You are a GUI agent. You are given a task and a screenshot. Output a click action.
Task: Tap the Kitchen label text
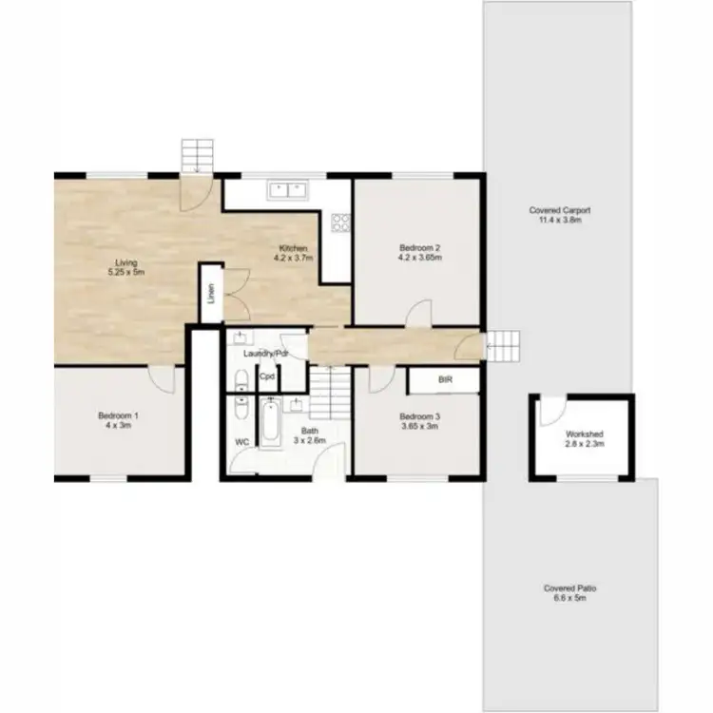coord(293,252)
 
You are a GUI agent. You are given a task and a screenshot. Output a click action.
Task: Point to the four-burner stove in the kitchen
coord(340,222)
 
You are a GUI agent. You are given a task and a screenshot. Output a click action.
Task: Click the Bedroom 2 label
coord(419,252)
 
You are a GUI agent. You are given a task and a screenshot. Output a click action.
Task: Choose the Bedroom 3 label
coord(419,420)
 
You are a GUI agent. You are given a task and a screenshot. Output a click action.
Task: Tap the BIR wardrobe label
coord(444,379)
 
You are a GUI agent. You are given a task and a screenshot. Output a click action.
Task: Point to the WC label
coord(242,441)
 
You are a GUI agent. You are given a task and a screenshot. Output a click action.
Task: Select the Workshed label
coord(585,439)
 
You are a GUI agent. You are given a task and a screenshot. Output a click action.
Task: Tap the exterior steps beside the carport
coord(503,345)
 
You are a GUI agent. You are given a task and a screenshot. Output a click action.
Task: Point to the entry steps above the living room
coord(199,154)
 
